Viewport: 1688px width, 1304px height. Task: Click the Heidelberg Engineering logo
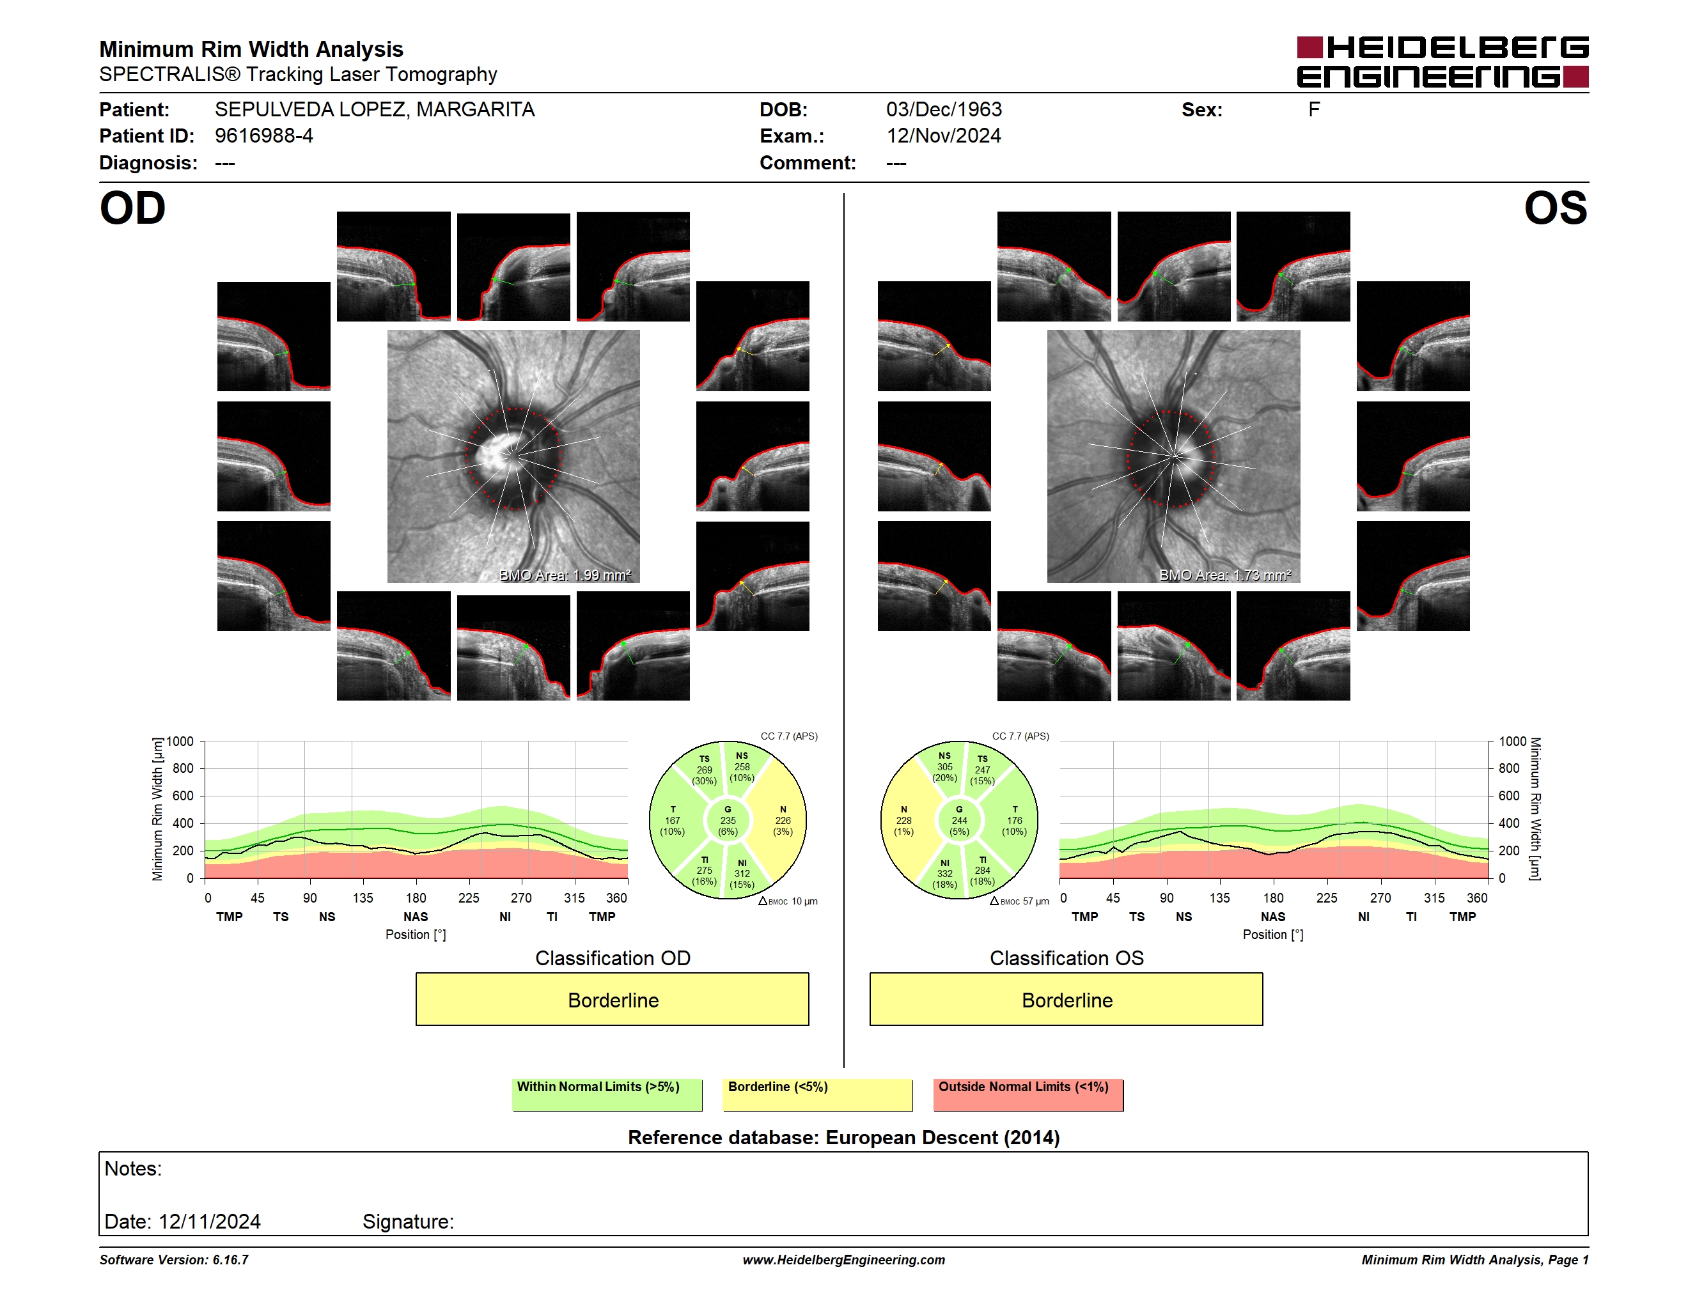click(1442, 62)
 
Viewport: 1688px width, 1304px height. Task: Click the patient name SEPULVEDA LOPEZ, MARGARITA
click(375, 110)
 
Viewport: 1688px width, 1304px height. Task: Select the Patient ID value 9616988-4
click(264, 136)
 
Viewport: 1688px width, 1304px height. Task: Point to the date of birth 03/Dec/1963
click(944, 110)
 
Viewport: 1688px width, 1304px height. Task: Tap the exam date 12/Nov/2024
click(944, 136)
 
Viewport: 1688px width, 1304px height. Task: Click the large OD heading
click(132, 208)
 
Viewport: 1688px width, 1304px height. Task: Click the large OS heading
click(1555, 208)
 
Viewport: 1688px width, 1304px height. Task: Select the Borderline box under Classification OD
click(612, 1000)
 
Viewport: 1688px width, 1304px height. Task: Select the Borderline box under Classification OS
click(1067, 1000)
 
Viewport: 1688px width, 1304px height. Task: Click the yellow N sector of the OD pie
click(781, 820)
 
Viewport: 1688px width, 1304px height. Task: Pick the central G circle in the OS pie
click(959, 820)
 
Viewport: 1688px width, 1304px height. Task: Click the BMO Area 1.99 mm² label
click(565, 575)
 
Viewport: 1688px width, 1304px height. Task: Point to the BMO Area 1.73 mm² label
click(1225, 575)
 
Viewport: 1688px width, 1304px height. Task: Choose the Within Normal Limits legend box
click(607, 1094)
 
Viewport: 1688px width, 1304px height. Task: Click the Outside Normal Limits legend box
click(1028, 1094)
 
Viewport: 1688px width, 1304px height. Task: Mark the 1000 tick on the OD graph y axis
click(180, 741)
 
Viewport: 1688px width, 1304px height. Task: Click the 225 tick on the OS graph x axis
click(1326, 897)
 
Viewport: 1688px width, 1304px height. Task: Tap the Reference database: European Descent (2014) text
click(843, 1137)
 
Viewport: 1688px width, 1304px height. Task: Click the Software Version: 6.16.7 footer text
click(174, 1260)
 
